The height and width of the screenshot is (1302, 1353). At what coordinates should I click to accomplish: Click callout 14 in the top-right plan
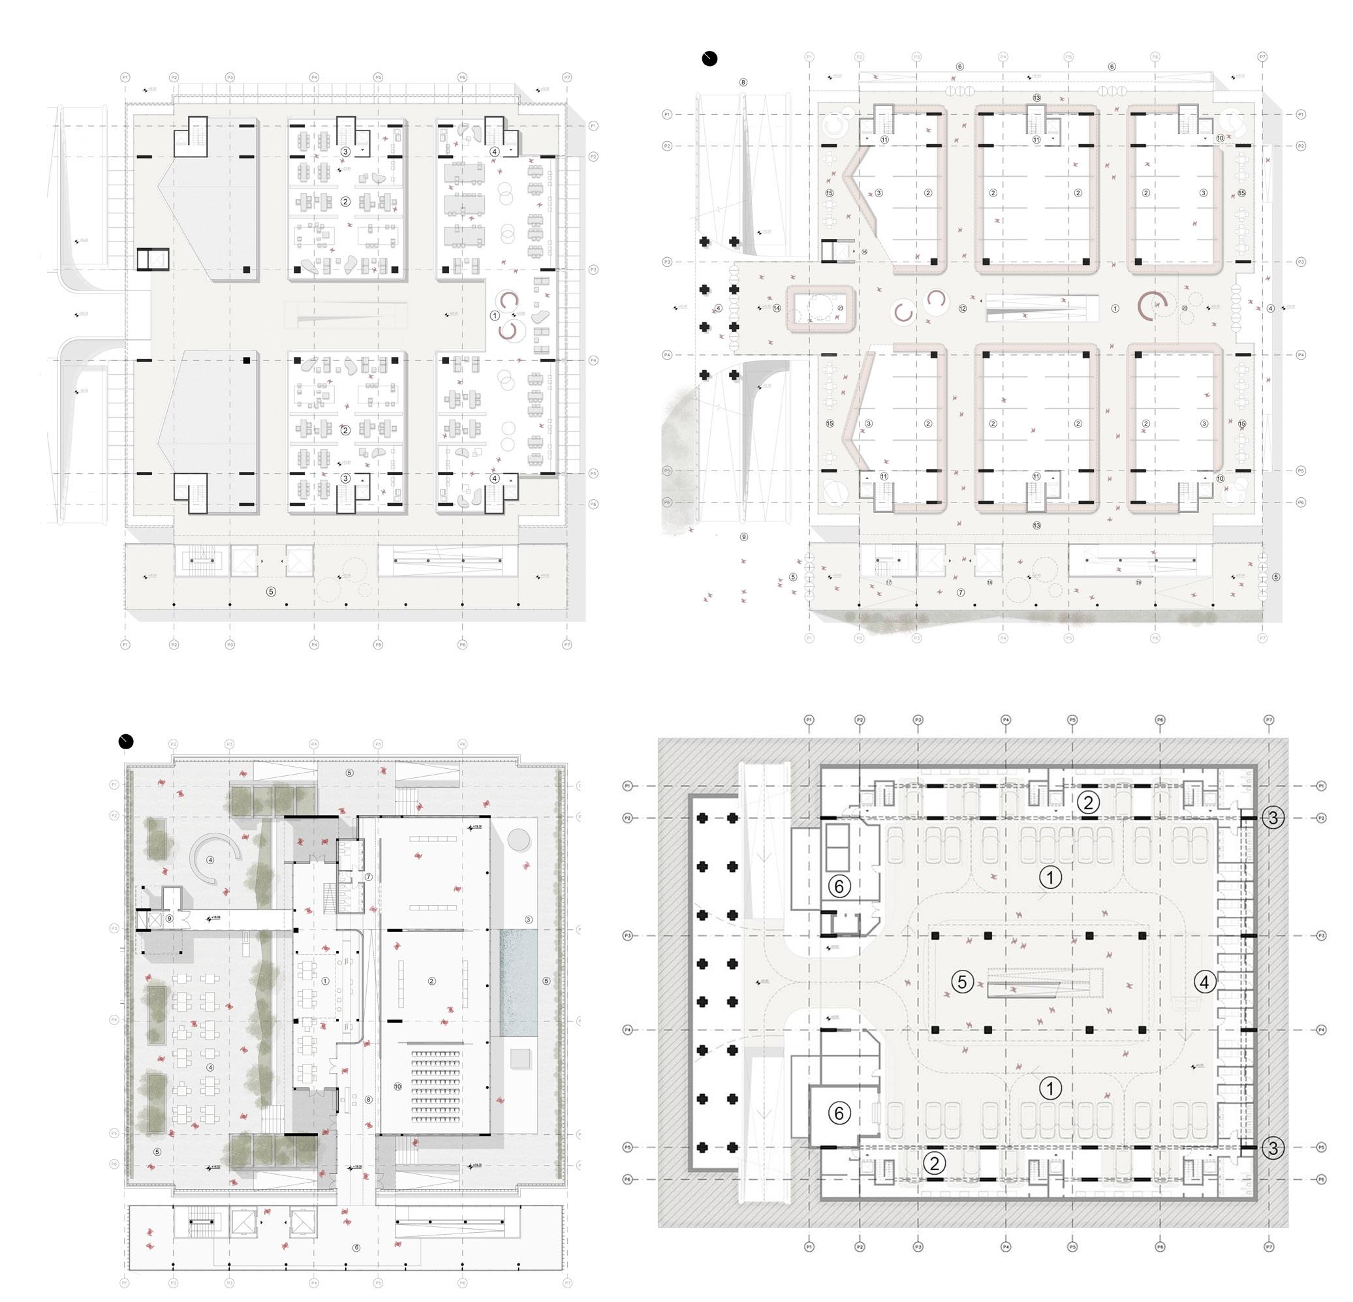[x=777, y=309]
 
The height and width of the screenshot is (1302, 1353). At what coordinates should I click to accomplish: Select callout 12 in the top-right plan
[x=963, y=309]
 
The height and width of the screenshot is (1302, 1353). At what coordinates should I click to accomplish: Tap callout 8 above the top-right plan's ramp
[x=743, y=82]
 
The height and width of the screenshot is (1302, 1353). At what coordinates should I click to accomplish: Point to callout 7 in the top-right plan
[x=960, y=593]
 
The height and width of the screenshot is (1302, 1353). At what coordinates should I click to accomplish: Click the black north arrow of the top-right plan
[x=709, y=59]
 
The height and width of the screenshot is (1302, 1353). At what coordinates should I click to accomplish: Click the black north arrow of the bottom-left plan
[x=125, y=742]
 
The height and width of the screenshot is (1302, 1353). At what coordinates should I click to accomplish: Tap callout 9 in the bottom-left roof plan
[x=169, y=919]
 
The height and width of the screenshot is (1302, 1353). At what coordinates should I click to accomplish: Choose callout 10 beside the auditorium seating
[x=397, y=1087]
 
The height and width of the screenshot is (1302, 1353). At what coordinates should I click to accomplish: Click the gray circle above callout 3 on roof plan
[x=519, y=839]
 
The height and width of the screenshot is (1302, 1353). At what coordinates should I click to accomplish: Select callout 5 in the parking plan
[x=962, y=982]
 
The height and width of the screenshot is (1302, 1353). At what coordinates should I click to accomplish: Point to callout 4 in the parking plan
[x=1205, y=982]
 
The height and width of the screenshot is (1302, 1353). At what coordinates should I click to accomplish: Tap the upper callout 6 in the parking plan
[x=839, y=886]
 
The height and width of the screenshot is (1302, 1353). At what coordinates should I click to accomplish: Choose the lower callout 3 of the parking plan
[x=1273, y=1148]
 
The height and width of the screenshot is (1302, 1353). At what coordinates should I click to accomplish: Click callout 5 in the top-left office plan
[x=271, y=592]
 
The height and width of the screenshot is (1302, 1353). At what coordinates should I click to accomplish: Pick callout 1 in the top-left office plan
[x=494, y=315]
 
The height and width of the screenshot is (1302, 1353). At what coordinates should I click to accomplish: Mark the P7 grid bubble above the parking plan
[x=1269, y=720]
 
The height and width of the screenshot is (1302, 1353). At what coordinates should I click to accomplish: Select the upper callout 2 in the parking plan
[x=1088, y=802]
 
